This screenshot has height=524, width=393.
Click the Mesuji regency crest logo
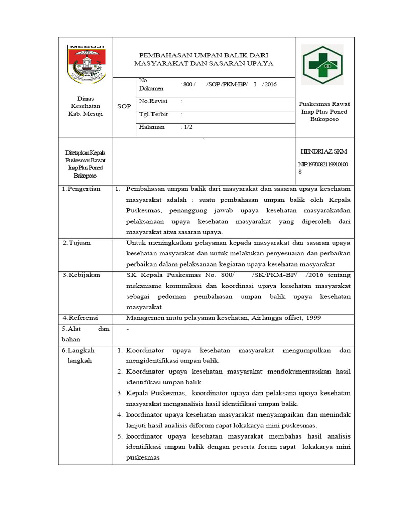[85, 64]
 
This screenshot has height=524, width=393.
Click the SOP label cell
[124, 106]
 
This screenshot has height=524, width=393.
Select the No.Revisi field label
[154, 101]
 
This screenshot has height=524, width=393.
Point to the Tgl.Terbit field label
[154, 115]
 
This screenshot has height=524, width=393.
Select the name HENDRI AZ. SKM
[323, 152]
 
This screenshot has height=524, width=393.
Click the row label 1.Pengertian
[81, 189]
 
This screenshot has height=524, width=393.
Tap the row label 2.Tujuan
[76, 243]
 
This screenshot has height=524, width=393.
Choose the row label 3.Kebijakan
[81, 275]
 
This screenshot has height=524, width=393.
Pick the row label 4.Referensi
[80, 318]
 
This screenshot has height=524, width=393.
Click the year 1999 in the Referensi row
[313, 318]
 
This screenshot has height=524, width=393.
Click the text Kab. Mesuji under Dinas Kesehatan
[85, 114]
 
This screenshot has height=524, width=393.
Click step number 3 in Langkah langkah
[119, 393]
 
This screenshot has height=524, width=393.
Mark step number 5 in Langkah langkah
[119, 436]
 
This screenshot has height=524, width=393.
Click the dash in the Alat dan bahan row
[127, 329]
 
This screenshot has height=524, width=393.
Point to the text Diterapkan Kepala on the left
[85, 154]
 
